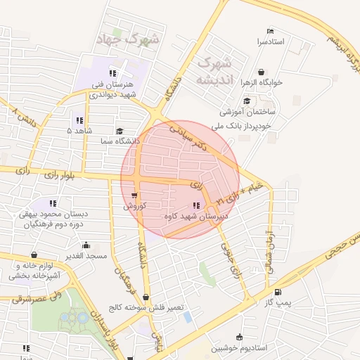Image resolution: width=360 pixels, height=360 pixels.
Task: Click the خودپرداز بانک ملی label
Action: tap(246, 127)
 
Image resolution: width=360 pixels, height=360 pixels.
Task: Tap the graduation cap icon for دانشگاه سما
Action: tap(120, 131)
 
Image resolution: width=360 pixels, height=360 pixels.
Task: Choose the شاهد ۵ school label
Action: tap(79, 131)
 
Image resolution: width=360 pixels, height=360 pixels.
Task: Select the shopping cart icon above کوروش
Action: tap(134, 195)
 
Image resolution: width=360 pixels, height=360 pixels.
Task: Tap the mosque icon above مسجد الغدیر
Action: tap(86, 245)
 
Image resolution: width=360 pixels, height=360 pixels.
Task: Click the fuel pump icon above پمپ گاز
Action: tap(278, 292)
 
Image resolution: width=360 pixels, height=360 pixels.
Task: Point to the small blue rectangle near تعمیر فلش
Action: tap(187, 316)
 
